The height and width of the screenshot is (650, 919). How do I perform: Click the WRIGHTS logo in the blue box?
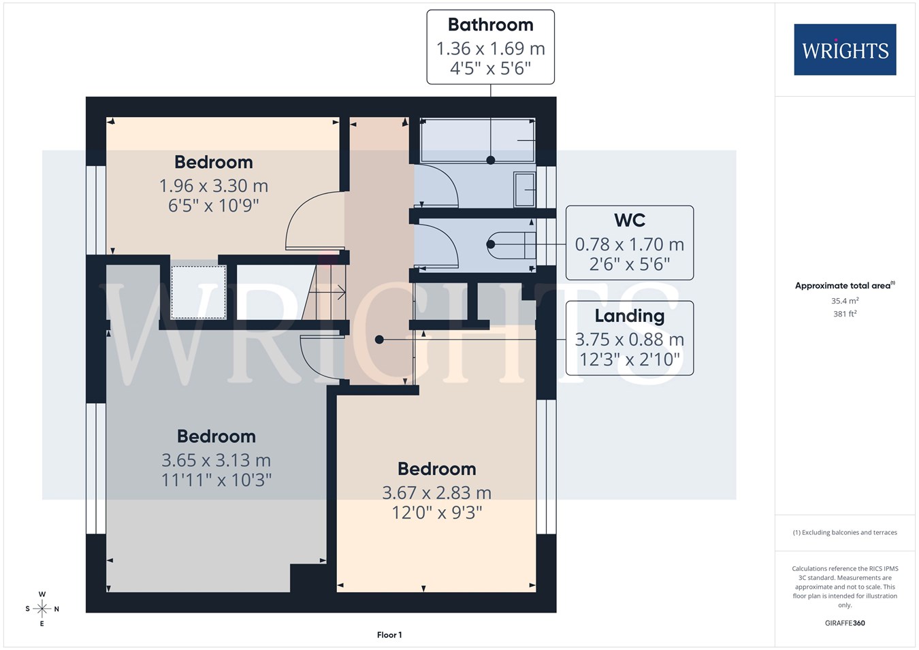(x=845, y=50)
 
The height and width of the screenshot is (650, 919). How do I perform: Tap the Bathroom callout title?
(x=491, y=25)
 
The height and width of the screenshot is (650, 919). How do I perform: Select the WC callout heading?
(x=630, y=221)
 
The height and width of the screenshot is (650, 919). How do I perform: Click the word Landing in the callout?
(x=630, y=316)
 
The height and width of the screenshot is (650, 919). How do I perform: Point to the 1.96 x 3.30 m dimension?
(x=213, y=186)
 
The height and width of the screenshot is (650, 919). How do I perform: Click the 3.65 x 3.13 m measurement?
(x=216, y=460)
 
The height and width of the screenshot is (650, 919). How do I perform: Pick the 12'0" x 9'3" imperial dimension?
(x=437, y=513)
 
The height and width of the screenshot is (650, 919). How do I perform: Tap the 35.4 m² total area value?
(x=845, y=301)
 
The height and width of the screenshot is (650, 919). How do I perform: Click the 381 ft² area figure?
(x=845, y=314)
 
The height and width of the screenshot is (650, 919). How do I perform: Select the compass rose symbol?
(x=42, y=608)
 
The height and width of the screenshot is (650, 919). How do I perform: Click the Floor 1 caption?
(x=389, y=635)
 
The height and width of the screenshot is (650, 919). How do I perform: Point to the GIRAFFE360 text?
(x=845, y=623)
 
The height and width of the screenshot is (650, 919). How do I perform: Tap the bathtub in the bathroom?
(x=478, y=140)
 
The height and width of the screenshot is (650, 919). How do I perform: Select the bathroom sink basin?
(x=525, y=190)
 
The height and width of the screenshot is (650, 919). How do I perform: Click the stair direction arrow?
(x=327, y=293)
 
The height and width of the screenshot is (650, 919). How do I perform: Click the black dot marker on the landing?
(x=379, y=340)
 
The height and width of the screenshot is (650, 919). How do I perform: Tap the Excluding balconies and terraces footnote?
(x=845, y=532)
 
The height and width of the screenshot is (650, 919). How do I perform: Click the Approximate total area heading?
(x=845, y=285)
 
